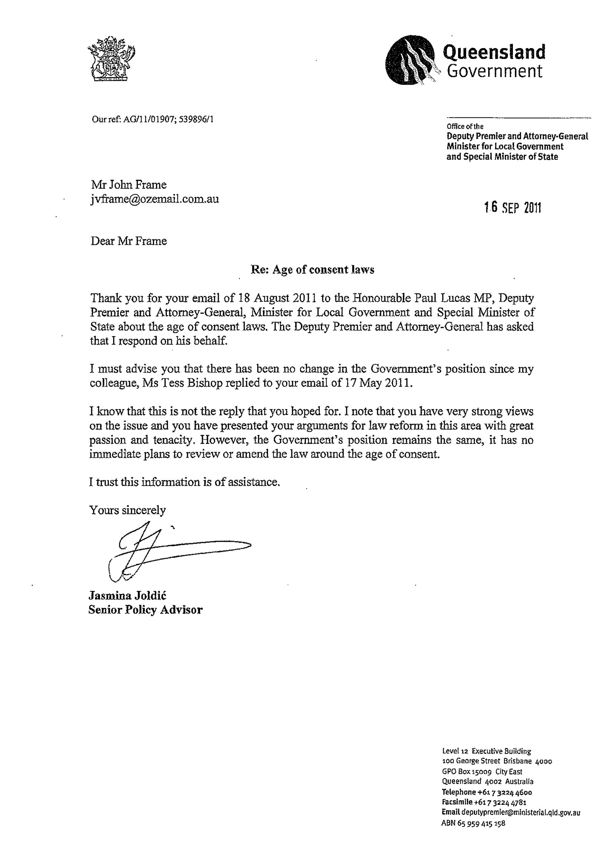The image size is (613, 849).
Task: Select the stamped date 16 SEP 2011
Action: pos(512,207)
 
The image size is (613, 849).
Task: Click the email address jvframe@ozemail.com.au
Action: pos(155,199)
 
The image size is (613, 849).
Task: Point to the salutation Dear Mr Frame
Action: pos(129,241)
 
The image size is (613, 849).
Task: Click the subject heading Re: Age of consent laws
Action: pos(312,269)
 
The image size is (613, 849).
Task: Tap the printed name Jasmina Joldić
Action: pos(127,595)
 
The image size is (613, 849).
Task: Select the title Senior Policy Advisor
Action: pos(145,610)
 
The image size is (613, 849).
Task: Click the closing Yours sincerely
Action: pos(127,510)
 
